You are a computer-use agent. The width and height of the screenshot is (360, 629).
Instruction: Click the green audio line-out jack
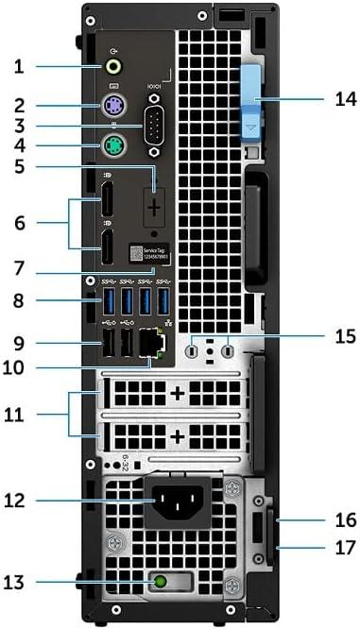114,67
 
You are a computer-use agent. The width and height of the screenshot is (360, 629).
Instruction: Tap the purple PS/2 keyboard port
112,108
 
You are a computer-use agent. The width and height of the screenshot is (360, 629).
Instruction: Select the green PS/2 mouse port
112,145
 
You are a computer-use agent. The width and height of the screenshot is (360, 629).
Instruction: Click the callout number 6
29,224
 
